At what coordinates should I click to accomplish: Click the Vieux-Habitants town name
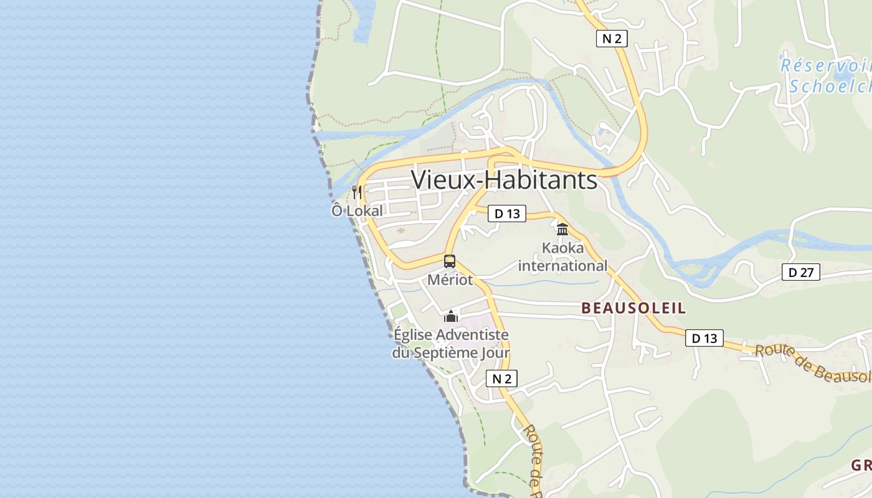pos(504,180)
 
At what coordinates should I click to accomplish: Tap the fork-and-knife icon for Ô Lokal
pos(356,192)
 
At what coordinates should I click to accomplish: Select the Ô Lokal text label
pos(357,210)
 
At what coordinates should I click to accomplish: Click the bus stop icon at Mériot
pos(450,261)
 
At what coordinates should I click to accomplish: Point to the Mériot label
pos(450,280)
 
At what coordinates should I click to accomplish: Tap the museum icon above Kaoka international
pos(562,229)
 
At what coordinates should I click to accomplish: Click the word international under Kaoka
pos(562,266)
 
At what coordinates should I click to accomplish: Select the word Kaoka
pos(562,248)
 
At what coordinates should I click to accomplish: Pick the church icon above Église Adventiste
pos(451,316)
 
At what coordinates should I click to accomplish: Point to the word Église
pos(412,335)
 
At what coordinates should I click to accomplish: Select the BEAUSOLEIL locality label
pos(633,308)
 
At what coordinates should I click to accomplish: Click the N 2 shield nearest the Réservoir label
pos(611,39)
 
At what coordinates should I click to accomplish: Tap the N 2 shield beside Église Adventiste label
pos(501,378)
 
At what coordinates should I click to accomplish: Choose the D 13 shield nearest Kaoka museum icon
pos(507,214)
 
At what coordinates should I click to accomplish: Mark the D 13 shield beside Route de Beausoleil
pos(704,338)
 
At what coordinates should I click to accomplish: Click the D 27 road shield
pos(801,272)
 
